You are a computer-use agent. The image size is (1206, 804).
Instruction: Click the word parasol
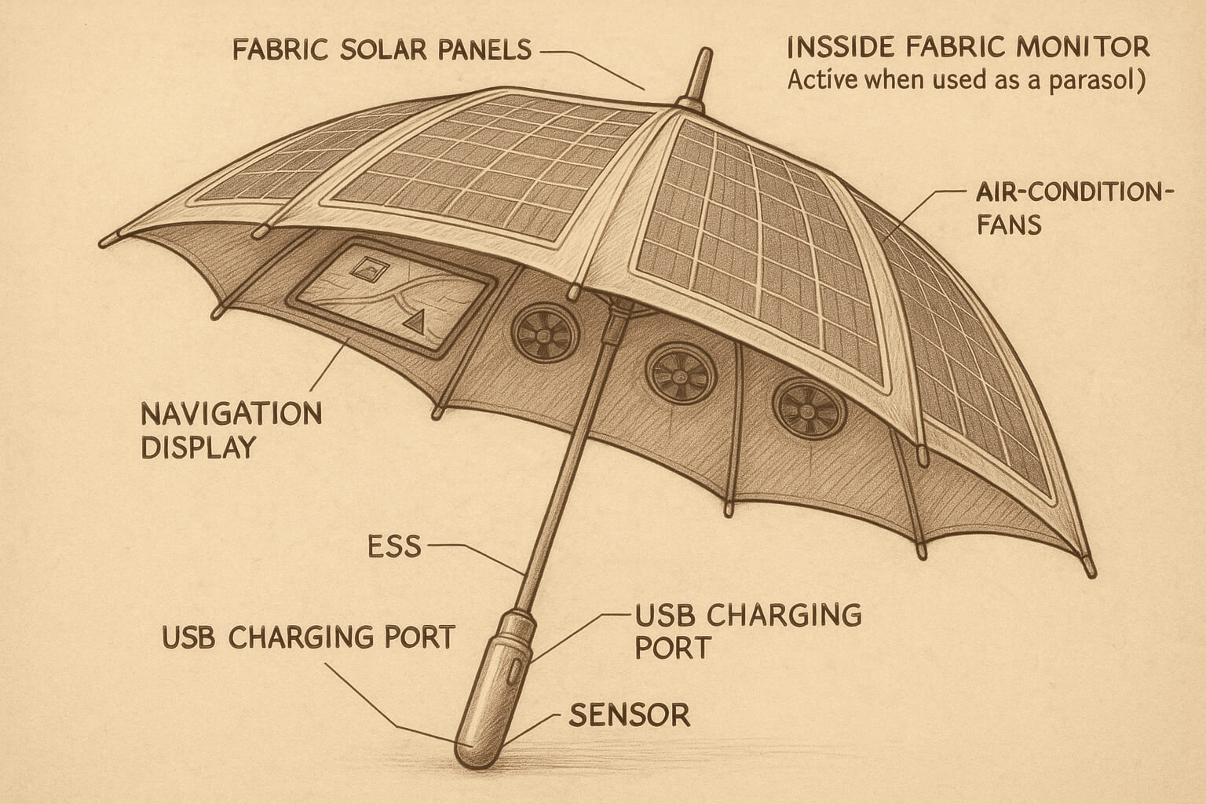point(1092,81)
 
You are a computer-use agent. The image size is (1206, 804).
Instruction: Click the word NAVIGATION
point(232,413)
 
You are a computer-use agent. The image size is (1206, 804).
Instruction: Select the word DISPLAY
point(199,447)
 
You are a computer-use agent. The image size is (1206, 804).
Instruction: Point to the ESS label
point(394,546)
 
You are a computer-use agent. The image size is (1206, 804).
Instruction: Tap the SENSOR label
point(629,715)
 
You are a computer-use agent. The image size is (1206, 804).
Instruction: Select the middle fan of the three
point(681,372)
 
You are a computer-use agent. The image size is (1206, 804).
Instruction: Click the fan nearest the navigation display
point(545,333)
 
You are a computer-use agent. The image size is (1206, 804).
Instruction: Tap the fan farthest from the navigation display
point(809,409)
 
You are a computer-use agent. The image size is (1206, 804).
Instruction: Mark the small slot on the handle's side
point(515,670)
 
